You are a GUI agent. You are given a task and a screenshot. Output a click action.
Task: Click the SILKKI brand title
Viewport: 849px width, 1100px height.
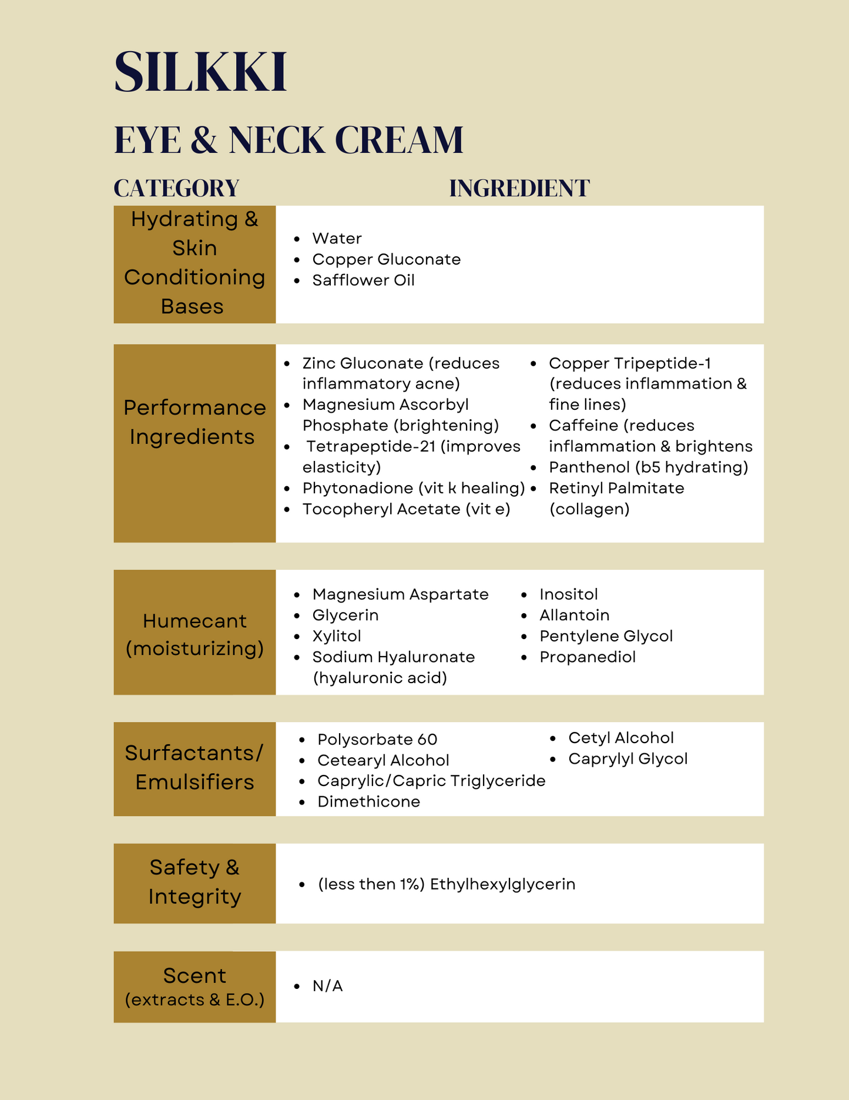click(200, 72)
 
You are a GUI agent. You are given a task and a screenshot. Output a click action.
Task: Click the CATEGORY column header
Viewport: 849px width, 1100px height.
click(176, 189)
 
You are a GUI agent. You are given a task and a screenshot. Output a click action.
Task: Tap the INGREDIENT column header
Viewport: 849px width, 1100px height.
click(519, 189)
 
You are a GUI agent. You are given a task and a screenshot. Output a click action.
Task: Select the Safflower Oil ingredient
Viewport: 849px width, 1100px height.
click(363, 280)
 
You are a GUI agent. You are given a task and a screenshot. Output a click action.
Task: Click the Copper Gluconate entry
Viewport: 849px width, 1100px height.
click(386, 259)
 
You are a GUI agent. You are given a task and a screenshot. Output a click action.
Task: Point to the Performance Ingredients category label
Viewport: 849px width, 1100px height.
click(194, 422)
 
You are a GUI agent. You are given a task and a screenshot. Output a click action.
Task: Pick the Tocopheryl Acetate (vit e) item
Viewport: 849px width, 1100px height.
click(406, 509)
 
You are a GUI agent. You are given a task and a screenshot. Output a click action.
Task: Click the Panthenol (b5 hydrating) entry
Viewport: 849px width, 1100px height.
click(648, 467)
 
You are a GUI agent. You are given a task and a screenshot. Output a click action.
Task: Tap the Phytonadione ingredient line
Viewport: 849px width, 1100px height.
click(413, 489)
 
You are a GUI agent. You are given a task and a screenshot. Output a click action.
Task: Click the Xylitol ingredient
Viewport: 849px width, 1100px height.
click(337, 636)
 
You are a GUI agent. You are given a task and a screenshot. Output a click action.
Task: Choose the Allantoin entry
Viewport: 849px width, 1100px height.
click(574, 615)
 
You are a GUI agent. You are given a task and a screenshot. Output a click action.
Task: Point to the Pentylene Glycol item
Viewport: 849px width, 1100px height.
click(606, 636)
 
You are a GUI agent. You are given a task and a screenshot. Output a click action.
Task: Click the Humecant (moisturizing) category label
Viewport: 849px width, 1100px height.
click(194, 634)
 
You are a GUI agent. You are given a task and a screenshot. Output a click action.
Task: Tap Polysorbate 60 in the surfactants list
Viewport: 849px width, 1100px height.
click(377, 740)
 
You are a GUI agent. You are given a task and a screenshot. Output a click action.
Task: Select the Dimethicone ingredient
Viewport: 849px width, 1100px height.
click(368, 802)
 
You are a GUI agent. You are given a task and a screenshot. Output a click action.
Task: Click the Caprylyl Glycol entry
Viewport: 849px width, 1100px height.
click(627, 759)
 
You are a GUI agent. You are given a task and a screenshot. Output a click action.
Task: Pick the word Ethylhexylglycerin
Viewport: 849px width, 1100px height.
click(502, 884)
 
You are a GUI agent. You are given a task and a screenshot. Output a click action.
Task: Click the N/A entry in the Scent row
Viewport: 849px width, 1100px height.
click(327, 986)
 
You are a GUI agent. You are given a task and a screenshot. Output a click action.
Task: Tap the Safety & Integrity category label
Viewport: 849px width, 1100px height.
click(194, 882)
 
